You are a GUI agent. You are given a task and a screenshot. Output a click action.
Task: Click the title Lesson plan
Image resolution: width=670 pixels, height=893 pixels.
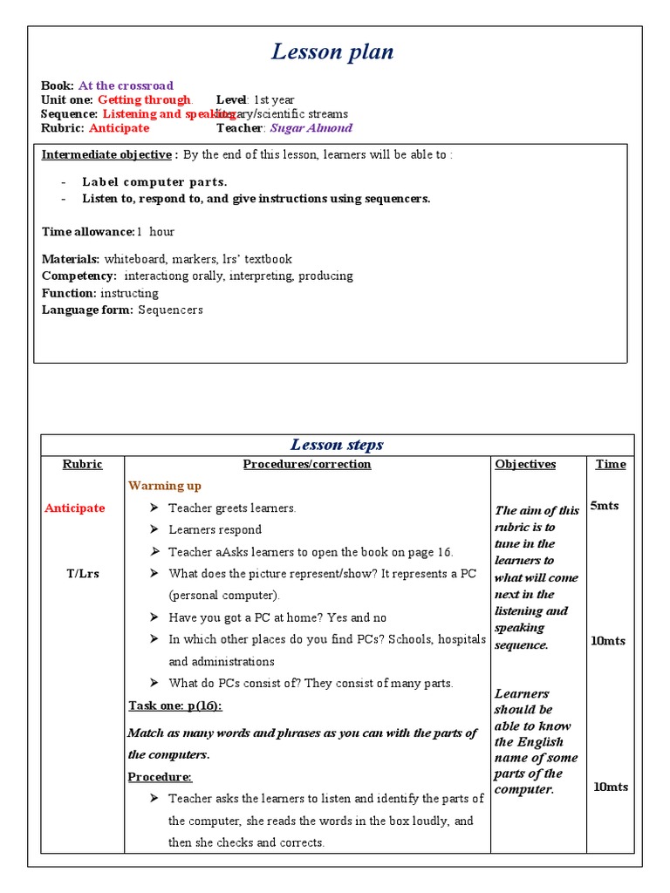(332, 52)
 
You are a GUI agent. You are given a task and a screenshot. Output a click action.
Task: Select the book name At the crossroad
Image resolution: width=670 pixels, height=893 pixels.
(126, 85)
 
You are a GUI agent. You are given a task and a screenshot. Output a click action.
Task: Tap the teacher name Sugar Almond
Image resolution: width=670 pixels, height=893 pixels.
(311, 127)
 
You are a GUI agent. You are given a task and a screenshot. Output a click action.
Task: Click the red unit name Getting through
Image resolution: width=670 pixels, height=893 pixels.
(144, 99)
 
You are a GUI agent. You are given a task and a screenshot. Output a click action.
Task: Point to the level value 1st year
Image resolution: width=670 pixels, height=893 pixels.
(274, 99)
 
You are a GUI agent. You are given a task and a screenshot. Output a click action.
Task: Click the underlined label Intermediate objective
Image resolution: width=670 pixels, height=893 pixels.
(106, 154)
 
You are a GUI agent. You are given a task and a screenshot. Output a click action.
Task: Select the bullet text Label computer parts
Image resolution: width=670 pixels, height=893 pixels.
(154, 182)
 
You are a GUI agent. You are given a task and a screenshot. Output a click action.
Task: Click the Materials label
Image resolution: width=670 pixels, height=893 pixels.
(72, 259)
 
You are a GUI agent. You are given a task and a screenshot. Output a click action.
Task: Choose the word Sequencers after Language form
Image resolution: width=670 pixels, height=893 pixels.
(170, 310)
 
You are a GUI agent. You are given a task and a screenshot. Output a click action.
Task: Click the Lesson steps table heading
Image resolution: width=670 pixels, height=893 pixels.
(337, 445)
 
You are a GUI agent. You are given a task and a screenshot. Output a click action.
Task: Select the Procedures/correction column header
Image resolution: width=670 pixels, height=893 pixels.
(307, 464)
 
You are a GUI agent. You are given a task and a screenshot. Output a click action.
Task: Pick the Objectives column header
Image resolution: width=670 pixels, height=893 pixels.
(525, 464)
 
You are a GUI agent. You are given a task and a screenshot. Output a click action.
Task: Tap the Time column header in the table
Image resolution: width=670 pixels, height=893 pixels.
(611, 464)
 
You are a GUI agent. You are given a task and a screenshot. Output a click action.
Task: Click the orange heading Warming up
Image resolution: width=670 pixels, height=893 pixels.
(165, 486)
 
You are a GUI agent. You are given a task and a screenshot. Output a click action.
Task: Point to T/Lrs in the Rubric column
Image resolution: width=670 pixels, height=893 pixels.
(83, 574)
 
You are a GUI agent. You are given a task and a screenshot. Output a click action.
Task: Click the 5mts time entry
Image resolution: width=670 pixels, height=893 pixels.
(605, 506)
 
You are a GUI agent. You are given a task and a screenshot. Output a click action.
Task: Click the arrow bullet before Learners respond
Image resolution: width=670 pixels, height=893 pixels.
(154, 529)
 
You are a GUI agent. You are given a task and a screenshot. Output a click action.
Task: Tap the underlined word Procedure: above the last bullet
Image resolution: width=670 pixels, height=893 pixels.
(160, 776)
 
